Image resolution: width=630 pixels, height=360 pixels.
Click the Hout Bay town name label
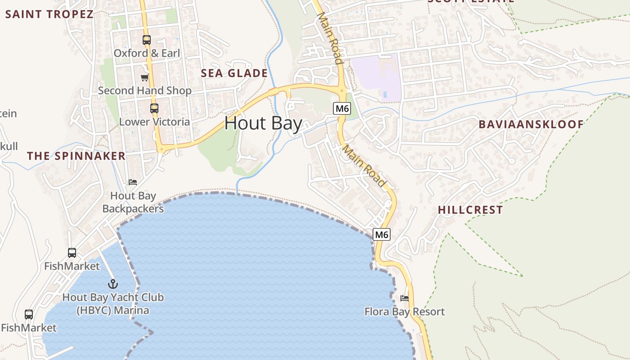point(263,123)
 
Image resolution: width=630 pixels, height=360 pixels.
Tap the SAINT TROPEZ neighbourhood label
point(49,14)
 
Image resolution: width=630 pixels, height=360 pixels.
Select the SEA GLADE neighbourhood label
point(234,73)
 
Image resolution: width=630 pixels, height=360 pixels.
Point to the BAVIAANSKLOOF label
point(531,124)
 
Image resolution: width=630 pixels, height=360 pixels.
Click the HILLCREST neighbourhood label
point(470,210)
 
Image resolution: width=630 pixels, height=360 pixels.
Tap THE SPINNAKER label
point(76,156)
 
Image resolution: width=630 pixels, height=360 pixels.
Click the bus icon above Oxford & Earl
point(147,40)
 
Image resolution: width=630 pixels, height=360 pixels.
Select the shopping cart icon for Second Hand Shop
point(144,77)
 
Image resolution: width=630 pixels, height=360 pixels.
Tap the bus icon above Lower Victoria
point(154,108)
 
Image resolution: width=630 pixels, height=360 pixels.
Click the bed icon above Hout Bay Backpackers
point(133,182)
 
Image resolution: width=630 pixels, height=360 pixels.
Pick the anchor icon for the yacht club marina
point(113,284)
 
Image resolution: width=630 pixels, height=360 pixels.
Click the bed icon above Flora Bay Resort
point(405,298)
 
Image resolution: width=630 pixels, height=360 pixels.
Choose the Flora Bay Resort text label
point(404,311)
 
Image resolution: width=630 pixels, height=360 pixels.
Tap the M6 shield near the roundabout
point(342,108)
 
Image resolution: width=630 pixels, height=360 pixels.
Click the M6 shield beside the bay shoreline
point(381,234)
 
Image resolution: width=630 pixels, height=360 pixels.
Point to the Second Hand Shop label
point(144,90)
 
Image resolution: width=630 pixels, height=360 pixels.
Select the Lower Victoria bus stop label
point(154,121)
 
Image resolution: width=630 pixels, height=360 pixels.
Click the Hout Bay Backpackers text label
point(133,202)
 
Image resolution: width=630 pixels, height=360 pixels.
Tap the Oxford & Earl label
point(147,53)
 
